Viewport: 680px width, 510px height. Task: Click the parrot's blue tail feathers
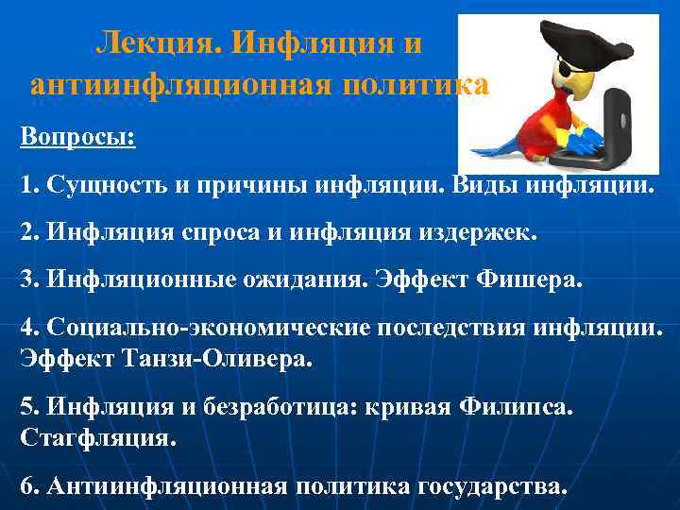496,148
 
